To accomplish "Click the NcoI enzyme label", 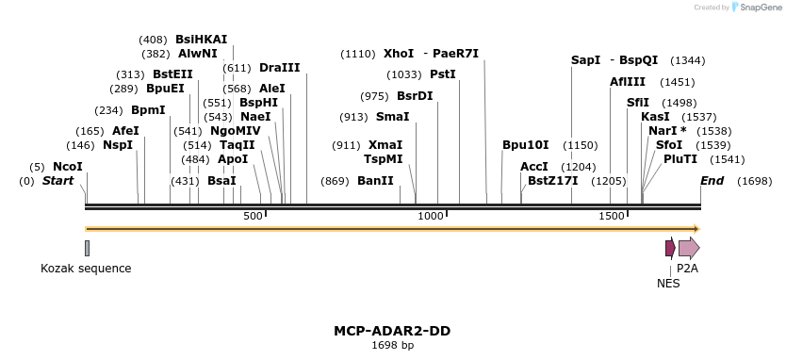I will point(68,167).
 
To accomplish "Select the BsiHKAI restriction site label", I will point(201,40).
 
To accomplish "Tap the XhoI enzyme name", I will point(399,54).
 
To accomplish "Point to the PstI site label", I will point(442,74).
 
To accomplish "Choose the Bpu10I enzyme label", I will point(525,145).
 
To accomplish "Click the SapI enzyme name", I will point(585,60).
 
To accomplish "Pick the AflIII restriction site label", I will point(628,82).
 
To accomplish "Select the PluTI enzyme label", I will point(680,159).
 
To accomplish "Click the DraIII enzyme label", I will point(279,68).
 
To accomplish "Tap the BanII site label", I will point(375,181).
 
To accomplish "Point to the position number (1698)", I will point(754,181).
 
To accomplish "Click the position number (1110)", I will point(358,54).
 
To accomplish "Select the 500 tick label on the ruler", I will point(253,217).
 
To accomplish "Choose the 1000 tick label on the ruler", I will point(431,217).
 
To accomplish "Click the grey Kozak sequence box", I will point(87,248).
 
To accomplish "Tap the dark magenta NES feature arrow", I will point(669,248).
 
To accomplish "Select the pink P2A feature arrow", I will point(689,248).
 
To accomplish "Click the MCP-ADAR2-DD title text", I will point(391,331).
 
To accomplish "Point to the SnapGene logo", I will point(753,8).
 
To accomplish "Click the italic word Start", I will point(57,181).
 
